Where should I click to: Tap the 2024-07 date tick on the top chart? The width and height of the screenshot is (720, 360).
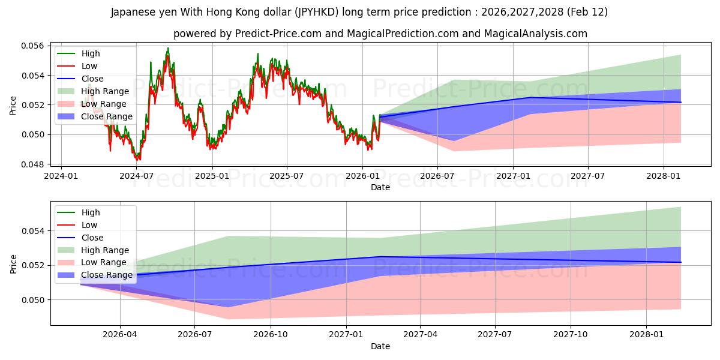click(x=137, y=175)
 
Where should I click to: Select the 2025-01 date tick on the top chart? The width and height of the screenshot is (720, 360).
click(x=212, y=175)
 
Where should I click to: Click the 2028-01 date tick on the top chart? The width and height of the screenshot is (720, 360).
click(x=664, y=175)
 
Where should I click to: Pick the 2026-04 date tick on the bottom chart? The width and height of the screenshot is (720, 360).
click(x=120, y=334)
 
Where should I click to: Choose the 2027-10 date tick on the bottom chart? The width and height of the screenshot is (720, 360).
click(x=571, y=334)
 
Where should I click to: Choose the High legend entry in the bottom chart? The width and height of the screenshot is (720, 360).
click(x=91, y=212)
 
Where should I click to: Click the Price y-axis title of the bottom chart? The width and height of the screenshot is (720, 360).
click(x=13, y=263)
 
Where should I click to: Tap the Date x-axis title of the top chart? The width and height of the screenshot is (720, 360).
click(x=380, y=187)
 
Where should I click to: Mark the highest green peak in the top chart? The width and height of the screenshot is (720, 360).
click(x=168, y=48)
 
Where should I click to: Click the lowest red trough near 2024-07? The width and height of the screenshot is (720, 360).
click(x=137, y=160)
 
